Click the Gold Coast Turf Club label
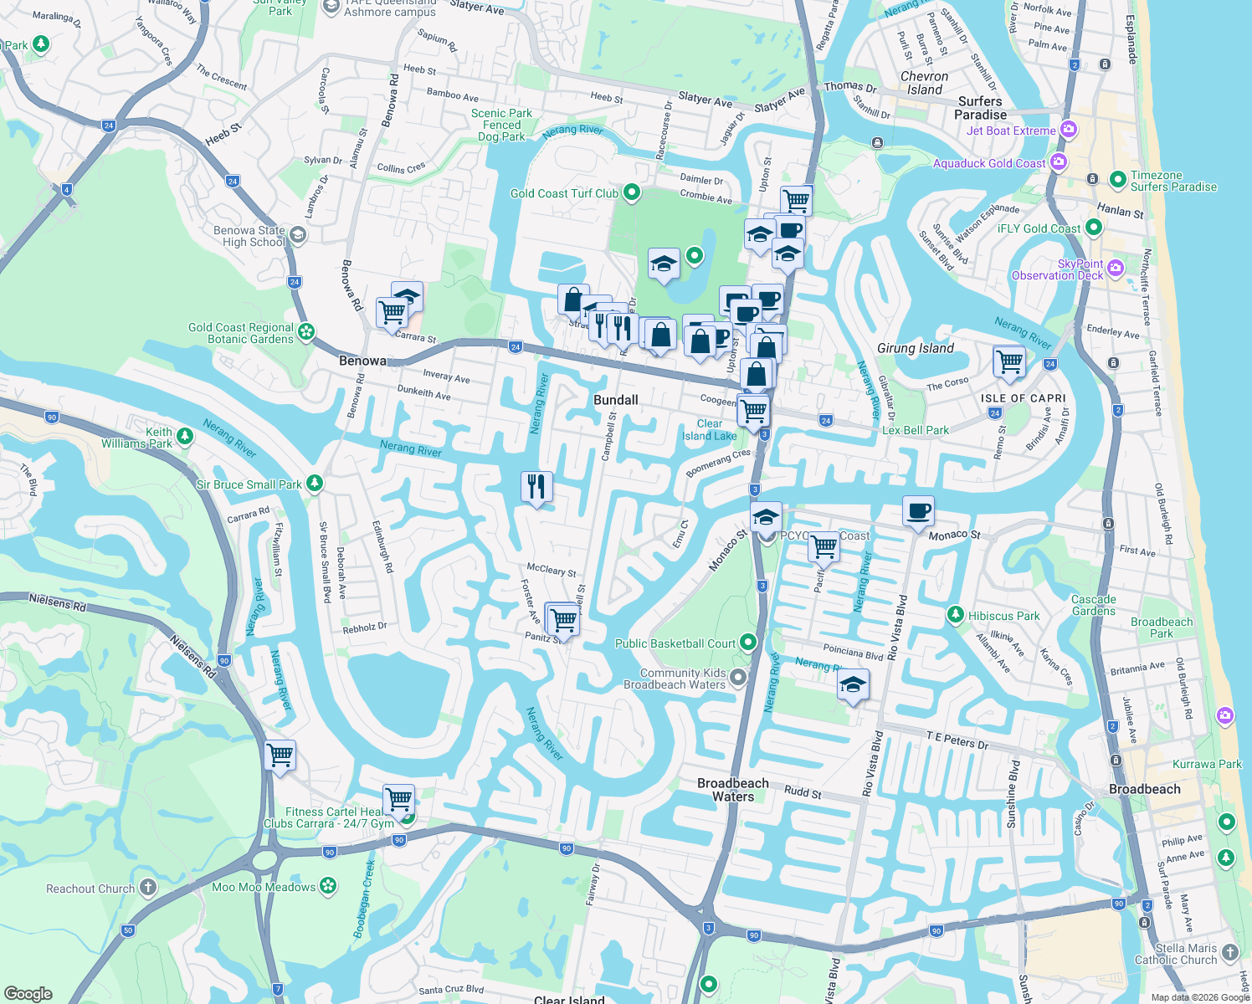(x=564, y=193)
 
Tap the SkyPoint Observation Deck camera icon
(x=1115, y=269)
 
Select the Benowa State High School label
(x=249, y=236)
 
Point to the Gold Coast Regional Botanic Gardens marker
(x=306, y=332)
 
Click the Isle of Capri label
(x=1023, y=398)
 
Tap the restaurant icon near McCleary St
(x=536, y=486)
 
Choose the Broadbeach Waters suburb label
(x=732, y=790)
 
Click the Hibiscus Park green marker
(x=955, y=615)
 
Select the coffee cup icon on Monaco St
(x=918, y=510)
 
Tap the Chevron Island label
(x=924, y=83)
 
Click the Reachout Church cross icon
(x=147, y=888)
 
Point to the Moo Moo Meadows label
(x=264, y=887)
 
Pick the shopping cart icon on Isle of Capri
(x=1009, y=361)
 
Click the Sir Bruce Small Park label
(x=249, y=484)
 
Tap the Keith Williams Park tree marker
(x=185, y=436)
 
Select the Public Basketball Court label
(x=675, y=643)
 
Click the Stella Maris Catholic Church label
(x=1175, y=954)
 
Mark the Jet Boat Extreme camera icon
(x=1068, y=130)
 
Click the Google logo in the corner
(x=28, y=994)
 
